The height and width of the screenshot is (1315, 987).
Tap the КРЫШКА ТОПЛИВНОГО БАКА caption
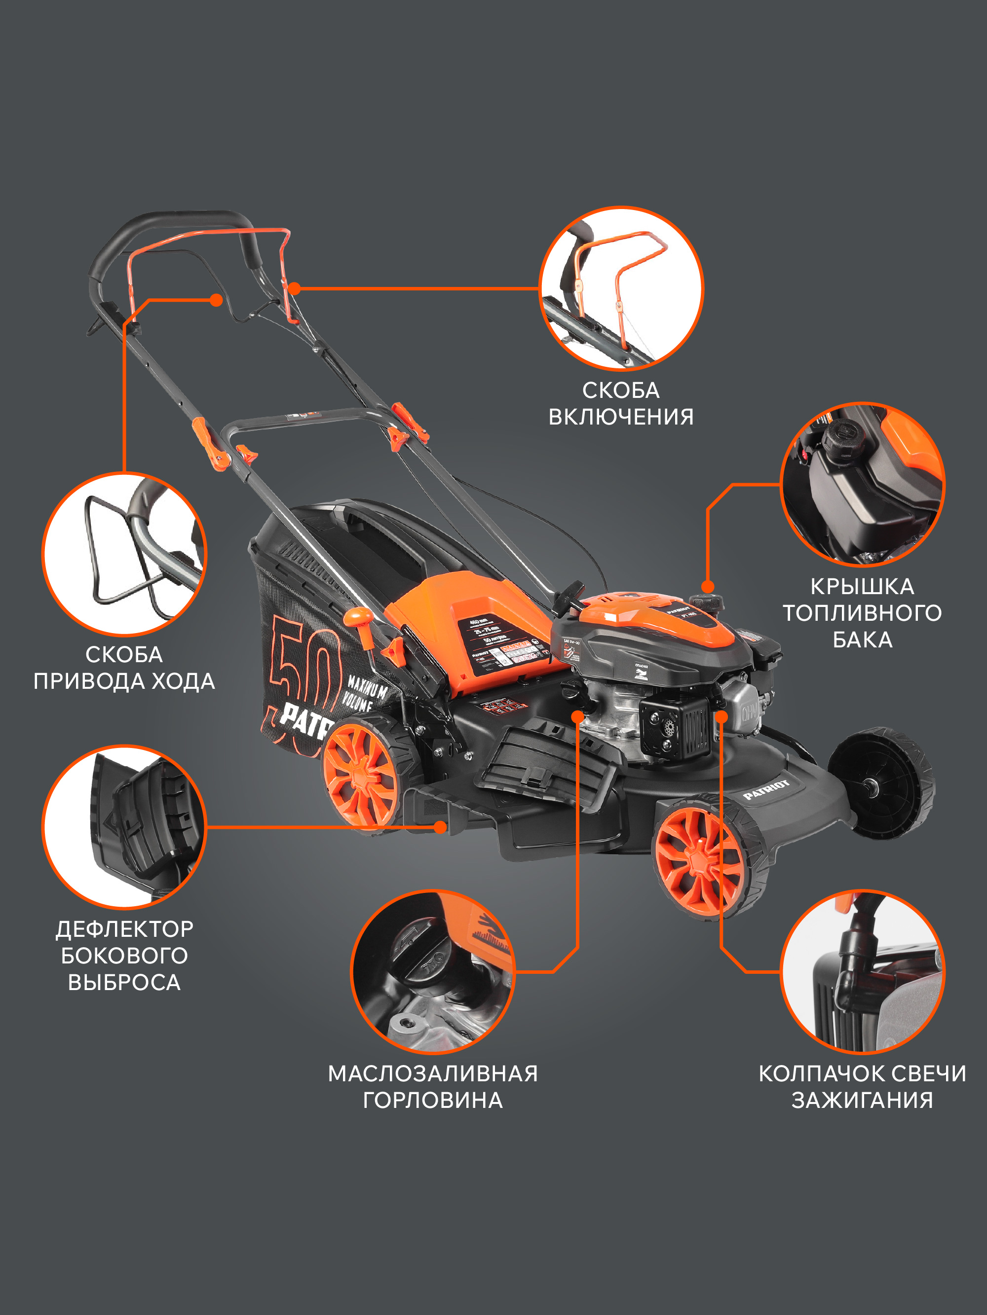point(862,613)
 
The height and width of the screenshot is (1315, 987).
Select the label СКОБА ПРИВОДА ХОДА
point(124,668)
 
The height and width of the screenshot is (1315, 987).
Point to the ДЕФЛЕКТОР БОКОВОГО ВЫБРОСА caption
point(124,956)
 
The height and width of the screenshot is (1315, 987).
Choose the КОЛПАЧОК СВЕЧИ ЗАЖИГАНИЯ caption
point(862,1087)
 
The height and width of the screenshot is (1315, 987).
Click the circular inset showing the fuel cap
point(862,485)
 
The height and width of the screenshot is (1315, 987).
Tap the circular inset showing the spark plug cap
point(862,971)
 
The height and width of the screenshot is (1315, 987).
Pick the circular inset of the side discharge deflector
point(124,826)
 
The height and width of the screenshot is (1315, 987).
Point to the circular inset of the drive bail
point(124,554)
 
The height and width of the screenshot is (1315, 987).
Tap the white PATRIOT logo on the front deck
point(766,789)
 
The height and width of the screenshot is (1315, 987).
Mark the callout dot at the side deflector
point(440,826)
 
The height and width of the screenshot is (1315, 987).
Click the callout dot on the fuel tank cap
point(707,587)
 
